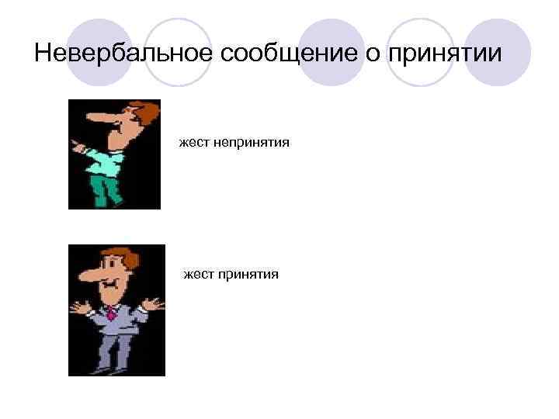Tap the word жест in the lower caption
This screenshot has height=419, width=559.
(196, 274)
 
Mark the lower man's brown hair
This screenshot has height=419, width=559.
(116, 255)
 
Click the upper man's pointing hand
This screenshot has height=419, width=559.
(75, 144)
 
